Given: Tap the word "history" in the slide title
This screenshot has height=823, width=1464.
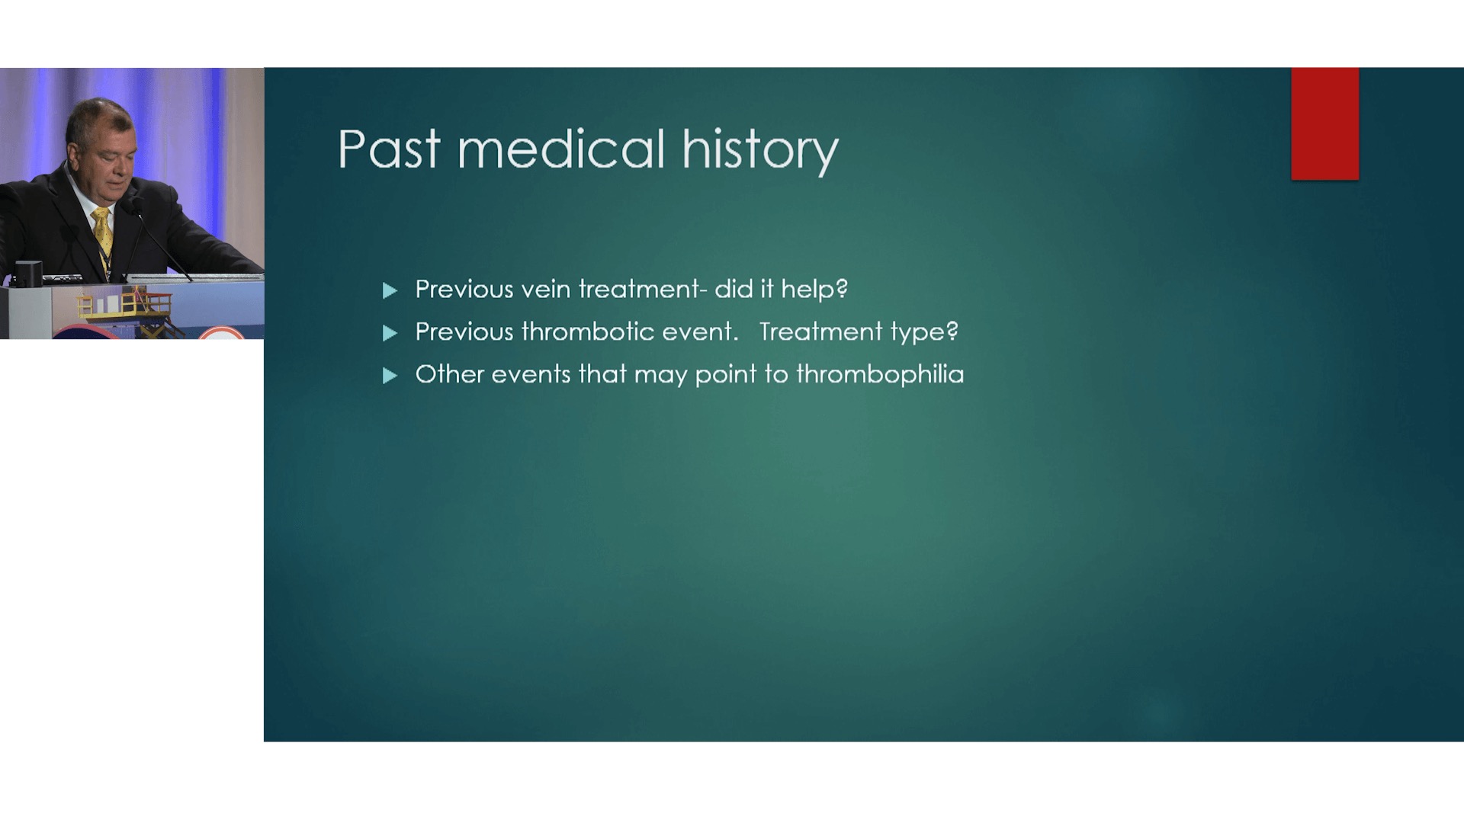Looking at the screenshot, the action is tap(760, 152).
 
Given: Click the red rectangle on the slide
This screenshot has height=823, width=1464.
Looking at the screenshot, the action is tap(1324, 123).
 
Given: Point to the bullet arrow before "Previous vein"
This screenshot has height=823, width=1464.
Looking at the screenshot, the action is tap(390, 290).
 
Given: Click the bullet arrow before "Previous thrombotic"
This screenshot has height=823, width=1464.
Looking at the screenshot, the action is tap(390, 333).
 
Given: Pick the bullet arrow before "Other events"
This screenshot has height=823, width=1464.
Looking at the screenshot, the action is tap(390, 376).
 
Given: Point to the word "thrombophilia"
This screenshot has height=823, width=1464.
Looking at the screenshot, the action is tap(880, 374).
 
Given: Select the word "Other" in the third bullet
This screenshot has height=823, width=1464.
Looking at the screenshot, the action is tap(450, 374).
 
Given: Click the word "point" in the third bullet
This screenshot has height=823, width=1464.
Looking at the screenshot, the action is tap(725, 375).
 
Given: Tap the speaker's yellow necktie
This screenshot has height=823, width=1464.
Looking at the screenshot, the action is tap(103, 234).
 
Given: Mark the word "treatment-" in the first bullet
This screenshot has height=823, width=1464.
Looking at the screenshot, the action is tap(643, 289).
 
